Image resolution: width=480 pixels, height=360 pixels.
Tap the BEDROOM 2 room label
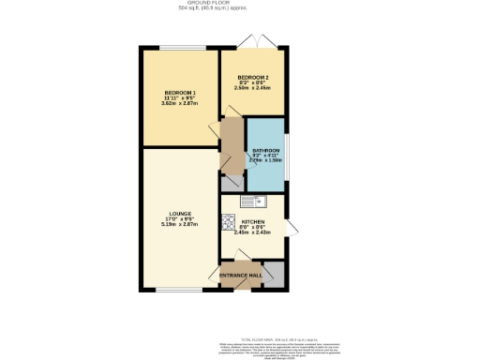252,77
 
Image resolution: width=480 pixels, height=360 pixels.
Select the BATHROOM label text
265,150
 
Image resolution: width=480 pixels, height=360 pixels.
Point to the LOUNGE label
180,214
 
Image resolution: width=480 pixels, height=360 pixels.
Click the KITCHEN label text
251,221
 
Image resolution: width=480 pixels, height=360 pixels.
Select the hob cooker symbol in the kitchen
227,222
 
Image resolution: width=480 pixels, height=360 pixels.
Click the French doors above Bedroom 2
252,43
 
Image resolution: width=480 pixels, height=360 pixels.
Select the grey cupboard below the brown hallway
228,181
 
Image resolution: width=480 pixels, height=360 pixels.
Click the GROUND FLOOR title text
240,3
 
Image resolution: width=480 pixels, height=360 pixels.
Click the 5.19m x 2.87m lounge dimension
180,226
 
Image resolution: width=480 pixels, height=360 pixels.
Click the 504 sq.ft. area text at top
240,8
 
